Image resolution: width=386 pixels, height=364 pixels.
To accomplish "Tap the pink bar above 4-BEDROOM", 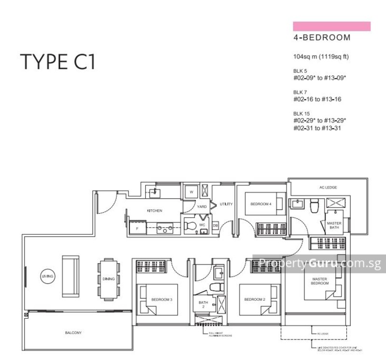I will (x=331, y=26).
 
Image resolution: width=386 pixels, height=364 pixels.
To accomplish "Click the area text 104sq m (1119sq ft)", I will (x=321, y=57).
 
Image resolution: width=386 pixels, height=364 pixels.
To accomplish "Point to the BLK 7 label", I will (x=300, y=92).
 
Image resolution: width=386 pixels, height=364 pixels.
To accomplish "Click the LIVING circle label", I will (x=48, y=276).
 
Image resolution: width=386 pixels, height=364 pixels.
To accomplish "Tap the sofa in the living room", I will (x=70, y=276).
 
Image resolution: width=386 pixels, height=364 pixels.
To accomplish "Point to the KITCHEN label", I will (x=155, y=211).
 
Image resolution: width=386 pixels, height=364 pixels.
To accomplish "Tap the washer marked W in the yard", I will (x=191, y=192).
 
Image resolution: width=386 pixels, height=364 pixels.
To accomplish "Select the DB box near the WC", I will (x=215, y=225).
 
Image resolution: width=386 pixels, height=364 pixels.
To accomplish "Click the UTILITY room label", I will (x=226, y=204).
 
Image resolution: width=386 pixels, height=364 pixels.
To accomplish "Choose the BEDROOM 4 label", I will (x=261, y=204).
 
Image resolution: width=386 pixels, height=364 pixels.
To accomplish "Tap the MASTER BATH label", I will (x=334, y=226).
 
